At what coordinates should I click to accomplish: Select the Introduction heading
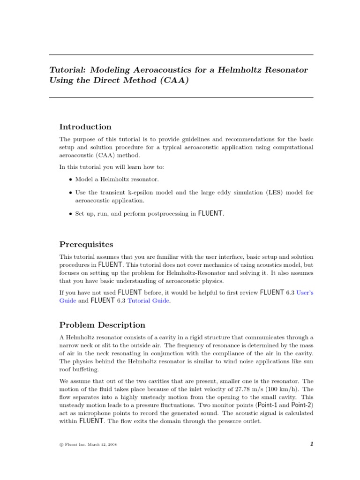pos(85,127)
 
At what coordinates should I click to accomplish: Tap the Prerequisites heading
pos(86,244)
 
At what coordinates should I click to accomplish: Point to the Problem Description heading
pos(102,325)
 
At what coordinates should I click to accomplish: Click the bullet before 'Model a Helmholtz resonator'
pos(70,180)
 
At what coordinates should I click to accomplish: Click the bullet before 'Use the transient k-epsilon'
pos(70,193)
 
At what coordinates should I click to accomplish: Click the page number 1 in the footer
pos(311,444)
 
